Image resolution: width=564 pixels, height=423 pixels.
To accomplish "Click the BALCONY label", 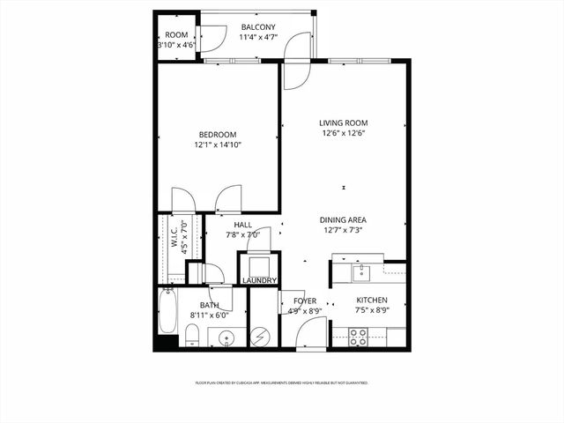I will pos(257,27).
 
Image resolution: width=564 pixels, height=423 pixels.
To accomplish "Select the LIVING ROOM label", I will pos(343,122).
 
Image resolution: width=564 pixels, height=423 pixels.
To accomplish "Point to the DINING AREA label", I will pos(343,220).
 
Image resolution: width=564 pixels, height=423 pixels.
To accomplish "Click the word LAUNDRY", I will pos(259,281).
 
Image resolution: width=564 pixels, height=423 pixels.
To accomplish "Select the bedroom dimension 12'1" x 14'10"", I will pos(217,145).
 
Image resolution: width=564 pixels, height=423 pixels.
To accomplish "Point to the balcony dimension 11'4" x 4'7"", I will pos(257,38).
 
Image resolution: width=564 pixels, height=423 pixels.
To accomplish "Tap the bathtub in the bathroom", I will pos(167,313).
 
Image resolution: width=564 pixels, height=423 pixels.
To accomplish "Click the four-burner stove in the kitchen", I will pos(359,336).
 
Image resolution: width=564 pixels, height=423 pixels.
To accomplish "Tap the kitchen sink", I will pos(360,272).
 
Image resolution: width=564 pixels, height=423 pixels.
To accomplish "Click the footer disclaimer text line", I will pos(281,383).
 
